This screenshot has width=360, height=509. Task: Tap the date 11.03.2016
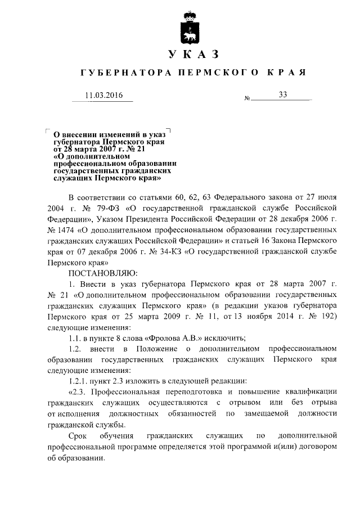(x=103, y=95)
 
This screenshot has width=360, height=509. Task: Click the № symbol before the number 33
(x=247, y=99)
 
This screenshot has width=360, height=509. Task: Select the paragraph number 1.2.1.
(x=78, y=380)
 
